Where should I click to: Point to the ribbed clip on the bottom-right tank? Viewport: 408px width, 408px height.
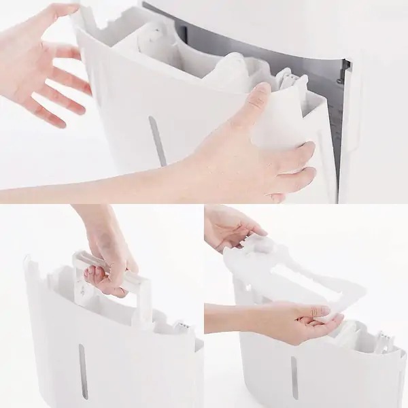click(384, 340)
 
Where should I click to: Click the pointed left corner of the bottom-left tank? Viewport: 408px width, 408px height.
click(29, 262)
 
